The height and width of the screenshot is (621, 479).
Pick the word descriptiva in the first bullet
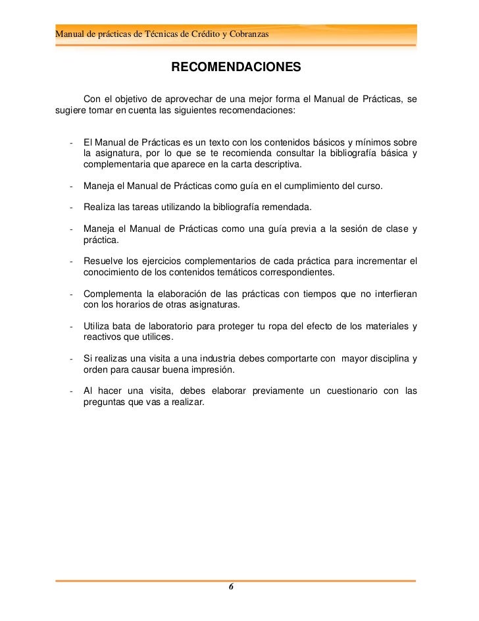(271, 163)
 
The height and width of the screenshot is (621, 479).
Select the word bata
(124, 327)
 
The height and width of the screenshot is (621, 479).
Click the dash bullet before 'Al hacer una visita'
(70, 391)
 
